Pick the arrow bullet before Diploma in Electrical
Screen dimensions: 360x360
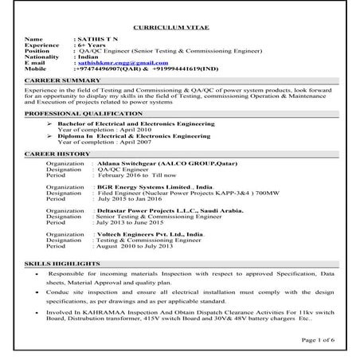point(50,137)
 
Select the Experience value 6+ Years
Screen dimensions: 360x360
point(92,45)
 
